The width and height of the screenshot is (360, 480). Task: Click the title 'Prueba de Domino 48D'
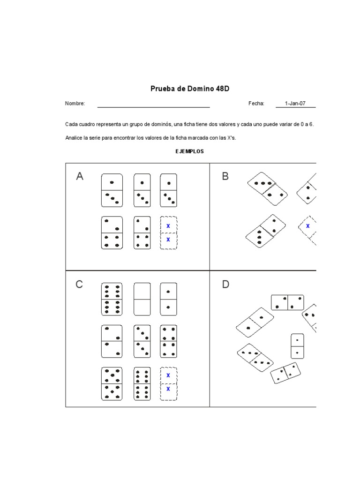[x=190, y=88]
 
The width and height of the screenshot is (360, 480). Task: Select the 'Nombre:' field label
[x=75, y=104]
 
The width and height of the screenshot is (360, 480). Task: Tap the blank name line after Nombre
[x=153, y=104]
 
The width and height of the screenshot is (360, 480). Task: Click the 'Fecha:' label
[x=256, y=104]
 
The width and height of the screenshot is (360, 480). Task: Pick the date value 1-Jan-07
[x=295, y=104]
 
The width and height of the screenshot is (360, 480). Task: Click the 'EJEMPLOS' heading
[x=190, y=151]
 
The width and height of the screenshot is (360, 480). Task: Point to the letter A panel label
[x=80, y=176]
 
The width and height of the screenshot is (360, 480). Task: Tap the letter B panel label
[x=225, y=176]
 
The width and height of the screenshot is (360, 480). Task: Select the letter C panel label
[x=80, y=285]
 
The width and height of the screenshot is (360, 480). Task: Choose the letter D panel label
[x=225, y=285]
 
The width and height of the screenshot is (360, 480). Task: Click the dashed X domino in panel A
[x=168, y=232]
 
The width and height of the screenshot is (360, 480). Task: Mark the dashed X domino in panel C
[x=168, y=383]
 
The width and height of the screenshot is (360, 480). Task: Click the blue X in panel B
[x=308, y=226]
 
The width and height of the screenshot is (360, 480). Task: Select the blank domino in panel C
[x=142, y=299]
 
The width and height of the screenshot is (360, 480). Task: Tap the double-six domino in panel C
[x=112, y=299]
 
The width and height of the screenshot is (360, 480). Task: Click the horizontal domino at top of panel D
[x=287, y=302]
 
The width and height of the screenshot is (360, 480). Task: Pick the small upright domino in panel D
[x=297, y=346]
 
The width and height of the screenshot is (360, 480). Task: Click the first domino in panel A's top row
[x=112, y=190]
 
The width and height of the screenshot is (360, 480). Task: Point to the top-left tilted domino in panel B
[x=268, y=188]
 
